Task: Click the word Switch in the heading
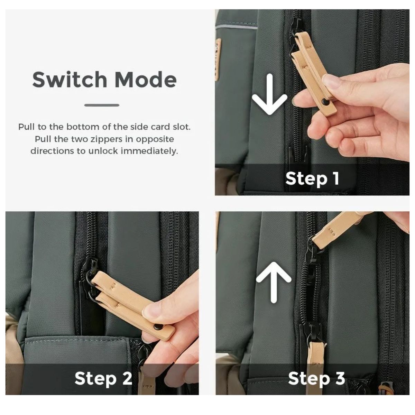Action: [x=70, y=80]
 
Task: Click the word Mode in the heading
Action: [x=146, y=80]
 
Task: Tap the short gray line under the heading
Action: [x=102, y=105]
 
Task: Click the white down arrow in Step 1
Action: [x=269, y=94]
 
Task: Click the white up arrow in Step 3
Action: [x=274, y=282]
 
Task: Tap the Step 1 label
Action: [x=312, y=178]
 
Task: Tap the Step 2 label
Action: [x=103, y=378]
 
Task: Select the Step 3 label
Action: [x=316, y=378]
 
